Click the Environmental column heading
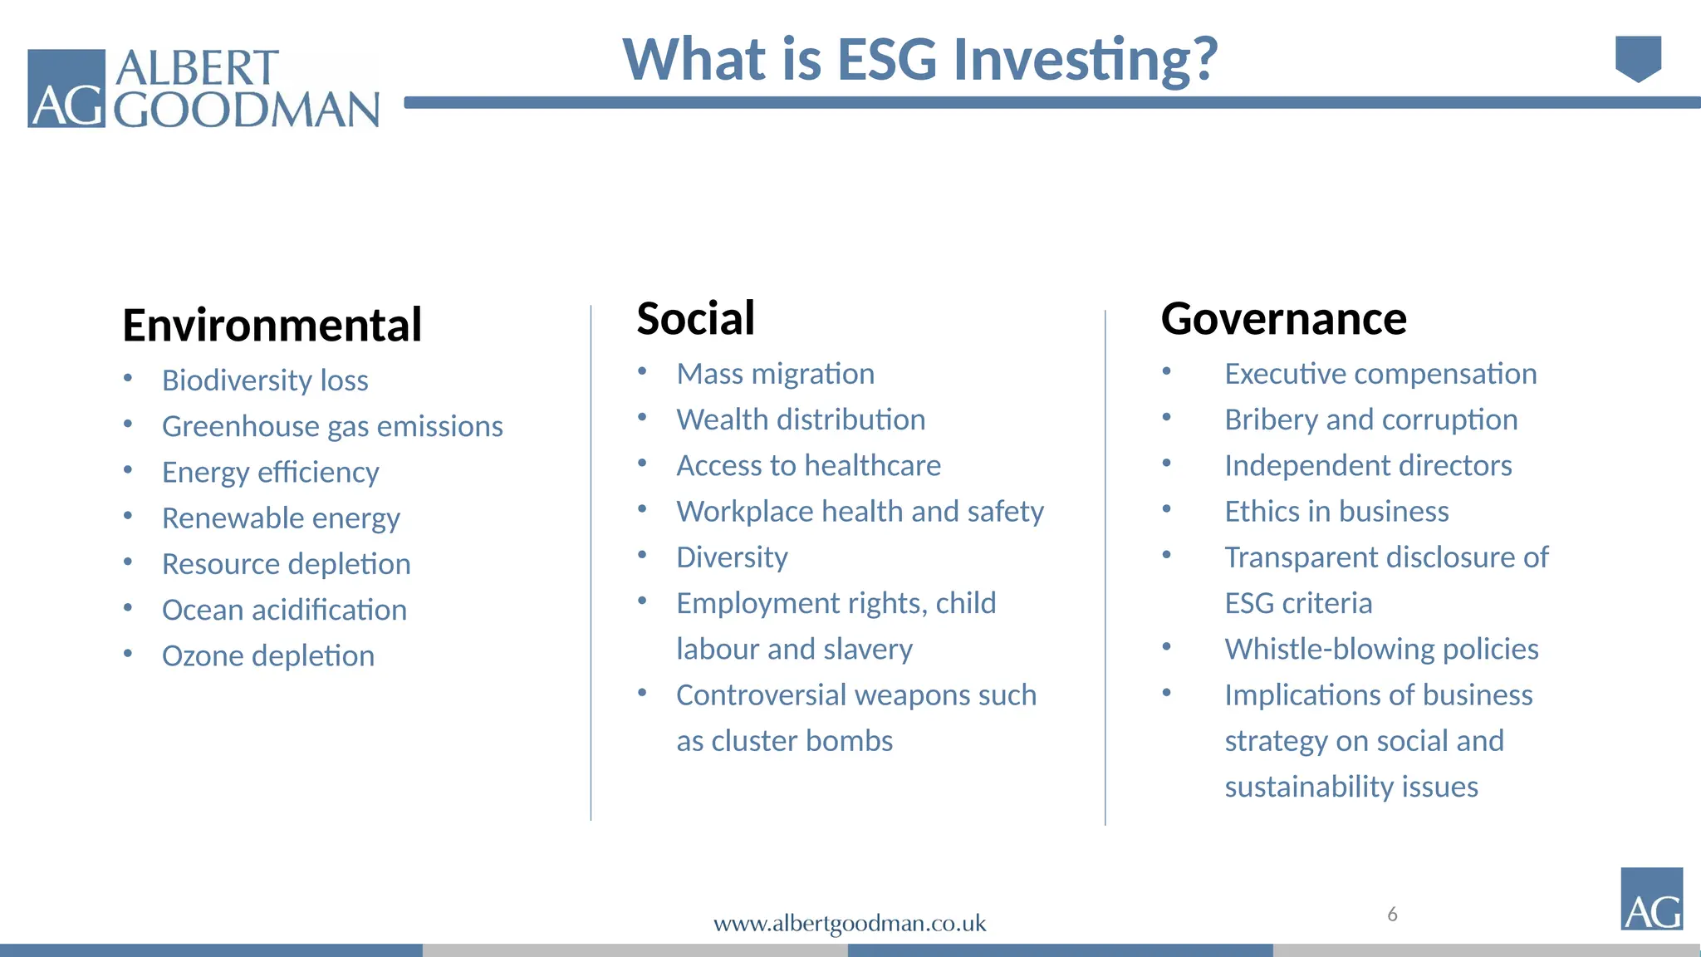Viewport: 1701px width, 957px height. coord(272,325)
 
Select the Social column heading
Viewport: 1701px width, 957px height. coord(695,318)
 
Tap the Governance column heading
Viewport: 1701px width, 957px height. coord(1283,318)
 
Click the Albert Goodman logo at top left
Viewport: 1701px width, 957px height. coord(203,88)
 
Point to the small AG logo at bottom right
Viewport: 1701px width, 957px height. coord(1651,899)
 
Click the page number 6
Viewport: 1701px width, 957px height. coord(1392,915)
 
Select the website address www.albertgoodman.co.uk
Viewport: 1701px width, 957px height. coord(850,923)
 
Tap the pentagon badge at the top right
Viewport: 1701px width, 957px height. coord(1638,58)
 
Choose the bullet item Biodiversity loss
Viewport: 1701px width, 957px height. coord(265,380)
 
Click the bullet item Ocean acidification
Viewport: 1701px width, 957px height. coord(284,610)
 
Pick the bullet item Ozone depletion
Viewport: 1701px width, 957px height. coord(267,656)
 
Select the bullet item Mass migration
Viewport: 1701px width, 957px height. coord(775,374)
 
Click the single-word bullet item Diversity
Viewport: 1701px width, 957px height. coord(732,557)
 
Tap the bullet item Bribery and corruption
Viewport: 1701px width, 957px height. coord(1370,420)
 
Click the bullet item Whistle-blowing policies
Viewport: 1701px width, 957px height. coord(1381,649)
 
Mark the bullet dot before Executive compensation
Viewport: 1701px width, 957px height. coord(1166,371)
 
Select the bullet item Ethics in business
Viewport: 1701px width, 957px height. coord(1336,512)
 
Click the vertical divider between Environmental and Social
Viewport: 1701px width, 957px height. coord(591,565)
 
